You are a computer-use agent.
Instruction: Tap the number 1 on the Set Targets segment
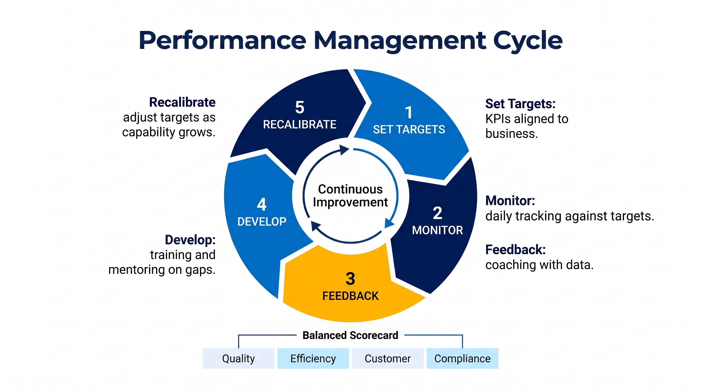(409, 112)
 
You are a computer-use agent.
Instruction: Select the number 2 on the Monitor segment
(438, 213)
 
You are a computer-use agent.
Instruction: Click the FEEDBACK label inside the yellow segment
(350, 296)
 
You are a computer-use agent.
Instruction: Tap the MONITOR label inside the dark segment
(437, 230)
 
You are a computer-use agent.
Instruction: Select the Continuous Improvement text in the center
(350, 196)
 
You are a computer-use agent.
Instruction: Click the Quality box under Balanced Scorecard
(238, 359)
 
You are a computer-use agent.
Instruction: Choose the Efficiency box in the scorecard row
(313, 359)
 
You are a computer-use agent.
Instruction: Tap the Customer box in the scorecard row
(388, 359)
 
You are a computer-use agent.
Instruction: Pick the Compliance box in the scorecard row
(462, 359)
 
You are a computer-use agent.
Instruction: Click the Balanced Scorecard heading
(350, 335)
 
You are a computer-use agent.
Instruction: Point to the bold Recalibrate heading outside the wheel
(182, 103)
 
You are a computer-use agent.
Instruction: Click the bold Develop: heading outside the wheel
(190, 240)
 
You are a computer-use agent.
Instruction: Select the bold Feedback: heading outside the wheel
(516, 250)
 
